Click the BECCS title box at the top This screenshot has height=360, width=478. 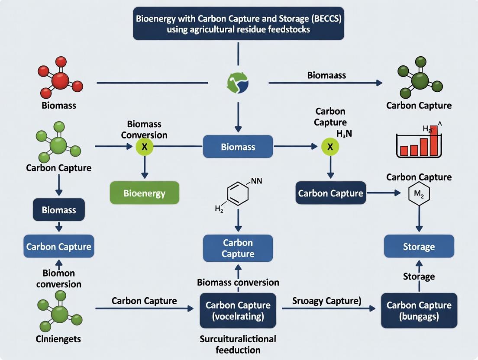[238, 24]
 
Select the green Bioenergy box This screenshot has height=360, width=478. [144, 193]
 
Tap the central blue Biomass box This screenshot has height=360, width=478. [238, 147]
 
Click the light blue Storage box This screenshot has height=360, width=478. [419, 247]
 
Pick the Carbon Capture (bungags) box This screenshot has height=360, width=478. [419, 310]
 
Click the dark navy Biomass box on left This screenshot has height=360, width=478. [59, 210]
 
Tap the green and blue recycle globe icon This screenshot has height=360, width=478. [238, 82]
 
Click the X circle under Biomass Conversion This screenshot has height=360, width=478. [145, 147]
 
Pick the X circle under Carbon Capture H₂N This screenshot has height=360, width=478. [330, 147]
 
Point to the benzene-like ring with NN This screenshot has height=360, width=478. [238, 195]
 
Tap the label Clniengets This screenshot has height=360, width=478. [58, 339]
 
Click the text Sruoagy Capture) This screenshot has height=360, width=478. [327, 301]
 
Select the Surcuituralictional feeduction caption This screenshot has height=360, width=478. [238, 344]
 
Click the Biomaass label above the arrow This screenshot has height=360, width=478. [326, 75]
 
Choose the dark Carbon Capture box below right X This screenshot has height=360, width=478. [330, 193]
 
